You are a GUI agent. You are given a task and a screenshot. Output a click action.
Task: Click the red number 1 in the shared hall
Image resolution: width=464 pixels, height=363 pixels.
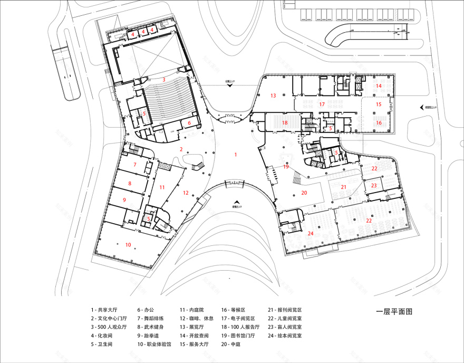click(x=236, y=155)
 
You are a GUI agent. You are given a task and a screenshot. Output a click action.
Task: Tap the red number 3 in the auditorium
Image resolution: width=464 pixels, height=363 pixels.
click(x=164, y=80)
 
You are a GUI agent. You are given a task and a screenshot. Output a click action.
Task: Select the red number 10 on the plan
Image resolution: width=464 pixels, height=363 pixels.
click(x=128, y=244)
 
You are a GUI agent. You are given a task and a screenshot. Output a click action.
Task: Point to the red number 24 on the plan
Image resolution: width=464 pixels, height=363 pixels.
click(x=311, y=233)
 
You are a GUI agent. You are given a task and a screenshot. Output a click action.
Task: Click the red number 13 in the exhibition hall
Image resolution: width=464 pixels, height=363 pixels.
click(x=273, y=95)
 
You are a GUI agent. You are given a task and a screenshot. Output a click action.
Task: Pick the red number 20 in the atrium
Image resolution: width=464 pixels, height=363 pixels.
click(x=304, y=193)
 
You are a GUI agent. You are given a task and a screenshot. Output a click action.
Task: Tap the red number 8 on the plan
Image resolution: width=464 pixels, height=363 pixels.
click(x=130, y=184)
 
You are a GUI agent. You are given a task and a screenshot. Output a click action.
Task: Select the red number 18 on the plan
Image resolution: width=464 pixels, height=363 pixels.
click(x=285, y=122)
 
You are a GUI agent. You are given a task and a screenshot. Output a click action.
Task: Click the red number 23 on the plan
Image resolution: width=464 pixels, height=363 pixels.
click(x=374, y=185)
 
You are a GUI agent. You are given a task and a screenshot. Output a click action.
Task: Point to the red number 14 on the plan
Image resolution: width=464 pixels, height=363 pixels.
click(x=378, y=85)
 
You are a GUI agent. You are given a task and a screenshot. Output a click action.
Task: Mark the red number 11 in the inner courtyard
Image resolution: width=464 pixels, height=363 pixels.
click(x=162, y=187)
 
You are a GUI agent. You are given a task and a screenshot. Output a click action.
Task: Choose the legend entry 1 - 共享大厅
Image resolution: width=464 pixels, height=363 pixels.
click(x=105, y=310)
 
